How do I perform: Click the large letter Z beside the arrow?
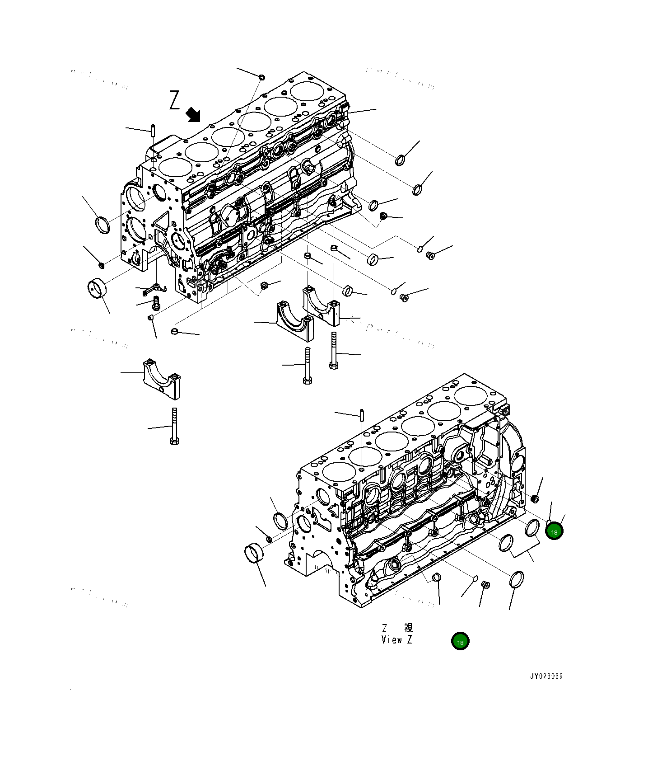(x=174, y=100)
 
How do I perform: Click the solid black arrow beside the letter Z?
(x=194, y=115)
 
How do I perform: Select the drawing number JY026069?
(x=546, y=676)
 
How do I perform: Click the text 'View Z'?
(x=396, y=639)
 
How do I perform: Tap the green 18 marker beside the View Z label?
(x=460, y=641)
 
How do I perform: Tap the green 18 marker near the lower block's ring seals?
(x=554, y=531)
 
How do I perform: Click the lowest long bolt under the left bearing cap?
(x=174, y=427)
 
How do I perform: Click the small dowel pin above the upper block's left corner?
(x=153, y=130)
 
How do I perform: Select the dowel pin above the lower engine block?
(x=362, y=414)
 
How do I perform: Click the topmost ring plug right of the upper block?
(x=400, y=160)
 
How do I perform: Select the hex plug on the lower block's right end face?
(x=535, y=498)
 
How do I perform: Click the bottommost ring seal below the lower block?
(x=517, y=579)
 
